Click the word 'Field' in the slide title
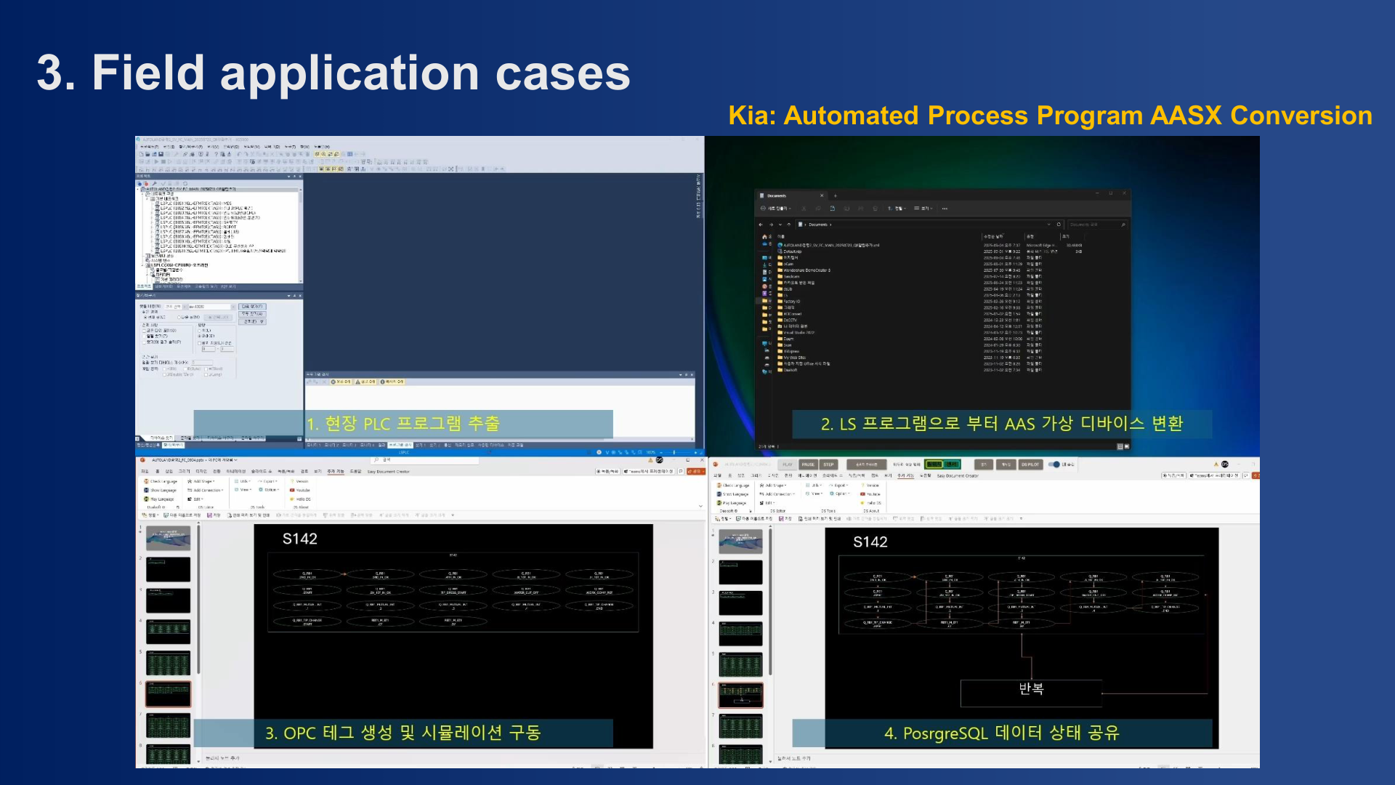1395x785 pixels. (x=148, y=73)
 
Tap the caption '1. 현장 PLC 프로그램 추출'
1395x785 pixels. (x=403, y=424)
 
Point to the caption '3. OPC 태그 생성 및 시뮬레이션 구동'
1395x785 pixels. (x=403, y=733)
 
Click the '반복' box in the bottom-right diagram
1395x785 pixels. (x=1030, y=689)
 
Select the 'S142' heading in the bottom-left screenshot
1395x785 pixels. (x=299, y=539)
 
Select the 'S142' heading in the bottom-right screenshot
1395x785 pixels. (x=870, y=542)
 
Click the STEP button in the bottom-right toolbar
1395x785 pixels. (x=828, y=464)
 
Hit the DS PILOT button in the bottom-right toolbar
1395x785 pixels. (x=1030, y=464)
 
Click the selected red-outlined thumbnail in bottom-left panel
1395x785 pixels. (x=168, y=694)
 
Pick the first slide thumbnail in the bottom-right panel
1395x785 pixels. (x=740, y=542)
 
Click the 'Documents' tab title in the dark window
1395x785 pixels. (x=777, y=196)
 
